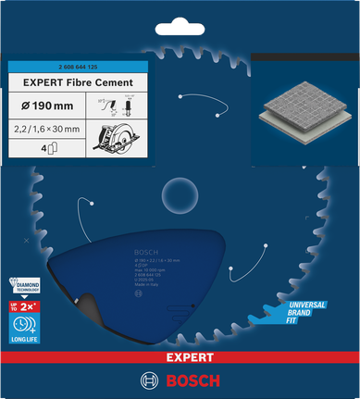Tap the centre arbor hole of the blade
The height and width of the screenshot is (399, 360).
click(x=180, y=193)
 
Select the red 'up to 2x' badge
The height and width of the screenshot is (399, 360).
click(x=24, y=305)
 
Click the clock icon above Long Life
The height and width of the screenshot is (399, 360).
click(x=25, y=326)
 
